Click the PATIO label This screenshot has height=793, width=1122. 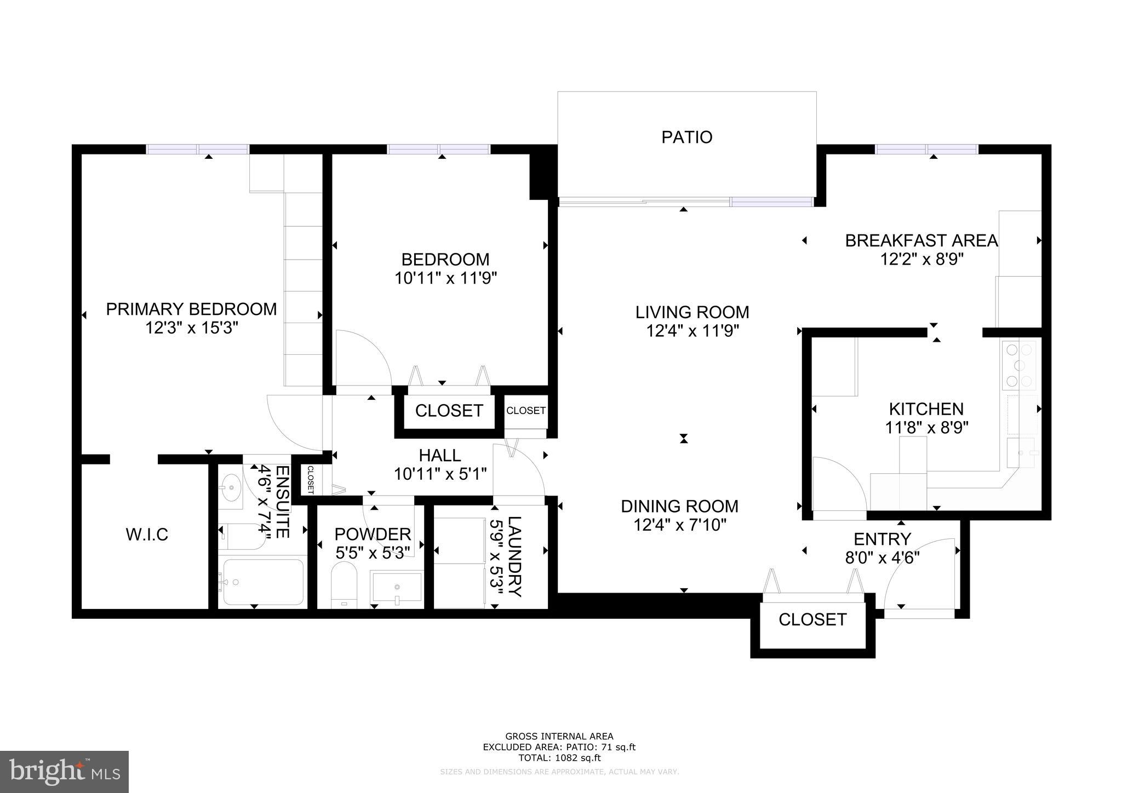[x=686, y=137]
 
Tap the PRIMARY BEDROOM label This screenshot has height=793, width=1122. [x=191, y=309]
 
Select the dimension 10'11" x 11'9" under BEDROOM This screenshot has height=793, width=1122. [x=445, y=279]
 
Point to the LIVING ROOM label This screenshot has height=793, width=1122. [x=692, y=313]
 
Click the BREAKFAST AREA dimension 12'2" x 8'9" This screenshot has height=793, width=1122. [x=921, y=259]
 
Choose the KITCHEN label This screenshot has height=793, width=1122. [x=926, y=409]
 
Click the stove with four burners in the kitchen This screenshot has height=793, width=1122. [x=1019, y=365]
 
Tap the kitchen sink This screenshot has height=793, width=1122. [x=1021, y=453]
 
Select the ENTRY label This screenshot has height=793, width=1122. [x=882, y=539]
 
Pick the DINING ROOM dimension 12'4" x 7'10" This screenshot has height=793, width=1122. [x=680, y=525]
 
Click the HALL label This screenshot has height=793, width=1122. [x=440, y=456]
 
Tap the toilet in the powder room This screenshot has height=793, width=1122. [x=344, y=585]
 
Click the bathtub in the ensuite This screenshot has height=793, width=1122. [x=263, y=582]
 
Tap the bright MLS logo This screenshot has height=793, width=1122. [x=64, y=771]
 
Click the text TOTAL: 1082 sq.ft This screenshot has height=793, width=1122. [x=559, y=758]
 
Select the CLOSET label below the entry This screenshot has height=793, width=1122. [x=812, y=619]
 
